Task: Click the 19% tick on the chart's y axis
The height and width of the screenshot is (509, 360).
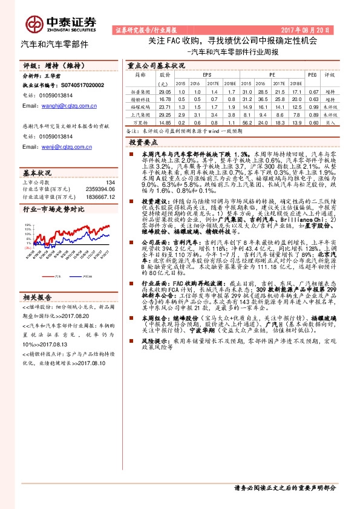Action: [28, 224]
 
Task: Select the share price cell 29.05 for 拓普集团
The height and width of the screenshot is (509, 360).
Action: [164, 90]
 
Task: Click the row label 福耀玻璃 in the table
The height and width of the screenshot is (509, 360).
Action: [140, 106]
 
